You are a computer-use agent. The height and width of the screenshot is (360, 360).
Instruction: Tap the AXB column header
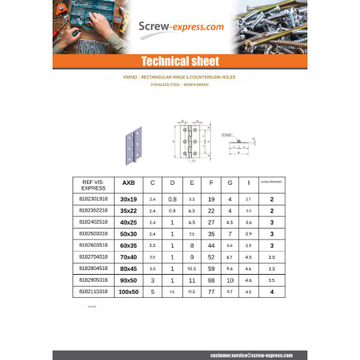pos(127,183)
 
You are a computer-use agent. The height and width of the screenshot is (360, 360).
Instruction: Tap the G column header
pos(229,183)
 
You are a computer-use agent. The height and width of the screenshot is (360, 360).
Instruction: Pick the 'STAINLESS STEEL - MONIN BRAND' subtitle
pos(179,84)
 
